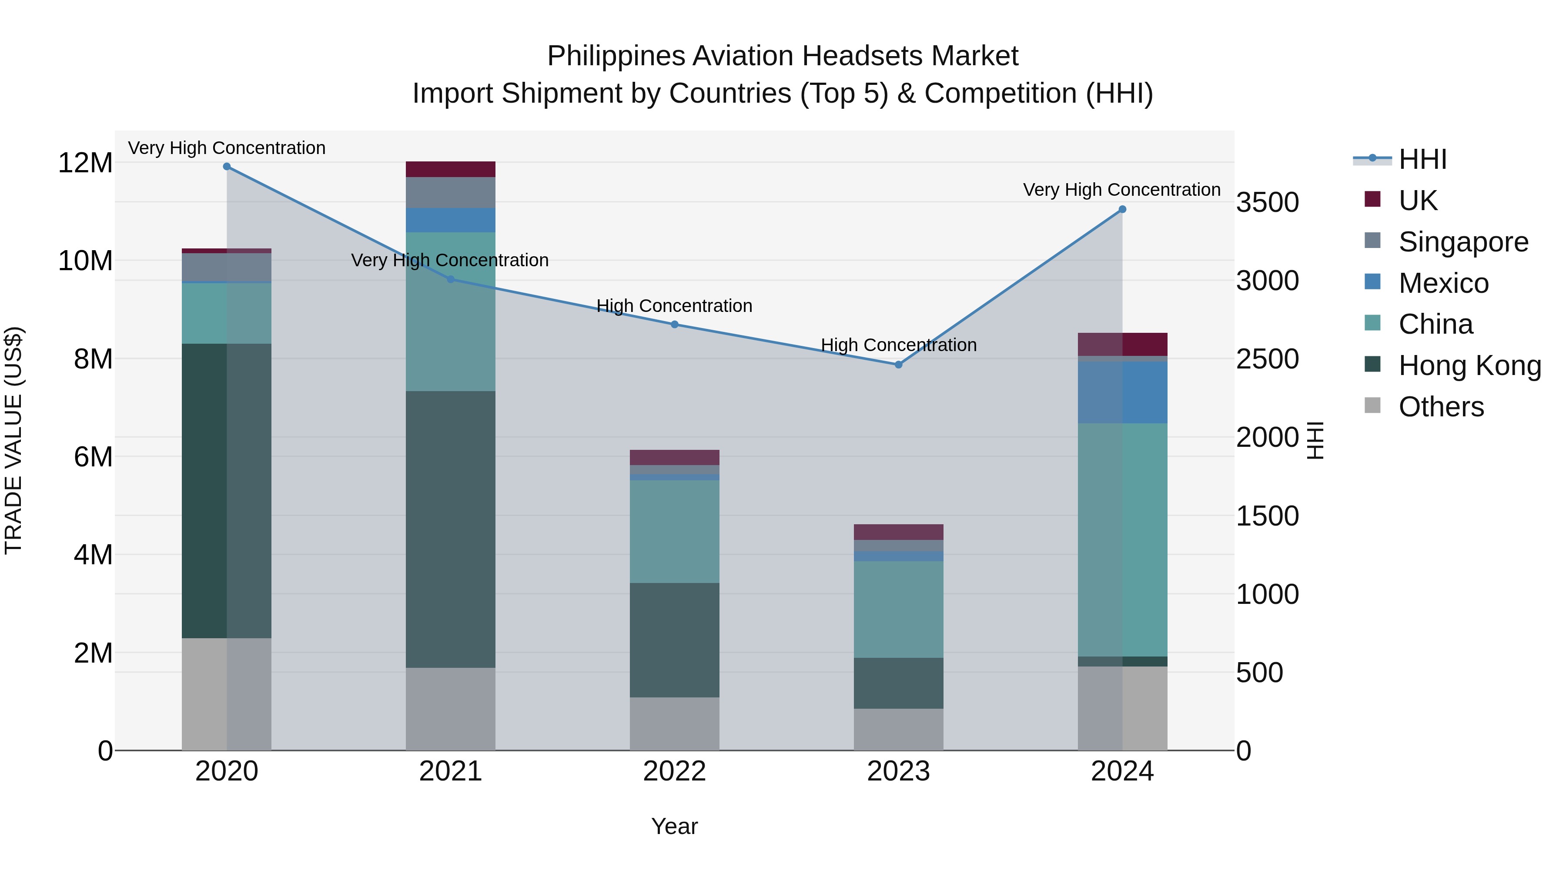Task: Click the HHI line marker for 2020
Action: (x=227, y=167)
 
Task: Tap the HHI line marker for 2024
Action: (x=1122, y=209)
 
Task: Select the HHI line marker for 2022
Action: (x=674, y=325)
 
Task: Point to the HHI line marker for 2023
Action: (x=899, y=365)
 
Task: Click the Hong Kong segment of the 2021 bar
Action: (x=451, y=529)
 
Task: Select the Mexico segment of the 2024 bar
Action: (x=1122, y=392)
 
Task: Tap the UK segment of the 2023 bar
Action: (x=899, y=532)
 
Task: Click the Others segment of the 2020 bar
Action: (x=227, y=694)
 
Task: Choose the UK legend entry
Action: (x=1418, y=201)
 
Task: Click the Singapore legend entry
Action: (x=1462, y=242)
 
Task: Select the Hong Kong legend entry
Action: (x=1469, y=365)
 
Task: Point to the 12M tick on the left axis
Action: (x=85, y=163)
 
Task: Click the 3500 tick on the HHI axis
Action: (x=1268, y=202)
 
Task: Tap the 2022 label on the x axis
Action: (x=674, y=771)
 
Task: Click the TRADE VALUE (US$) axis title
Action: (x=13, y=440)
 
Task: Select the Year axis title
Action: (x=674, y=826)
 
